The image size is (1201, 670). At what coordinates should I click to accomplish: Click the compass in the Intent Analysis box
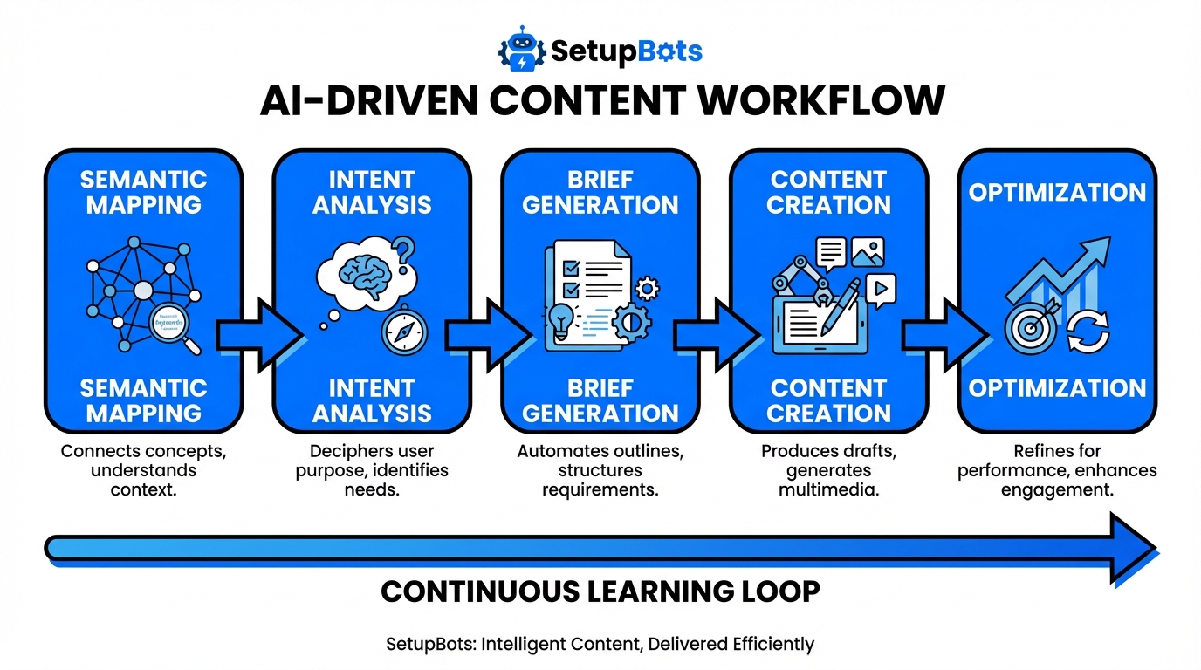(x=404, y=331)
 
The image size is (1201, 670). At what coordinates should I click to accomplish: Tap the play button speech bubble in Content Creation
(x=882, y=289)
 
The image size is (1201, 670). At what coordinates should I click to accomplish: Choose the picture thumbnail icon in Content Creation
(x=868, y=252)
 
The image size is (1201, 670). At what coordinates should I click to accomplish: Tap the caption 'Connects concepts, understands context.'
(x=142, y=470)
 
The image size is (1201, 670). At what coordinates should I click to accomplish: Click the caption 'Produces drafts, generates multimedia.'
(x=828, y=470)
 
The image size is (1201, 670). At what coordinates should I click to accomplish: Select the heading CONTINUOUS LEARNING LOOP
(x=600, y=591)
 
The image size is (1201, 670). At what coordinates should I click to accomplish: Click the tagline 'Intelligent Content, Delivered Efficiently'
(x=600, y=645)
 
